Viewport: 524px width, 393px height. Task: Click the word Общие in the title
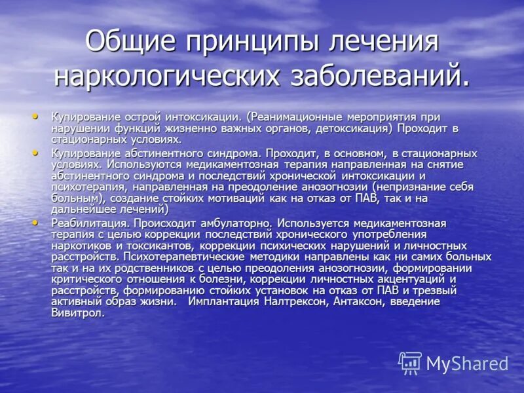(x=132, y=41)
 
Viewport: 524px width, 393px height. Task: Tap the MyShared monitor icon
(x=410, y=362)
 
